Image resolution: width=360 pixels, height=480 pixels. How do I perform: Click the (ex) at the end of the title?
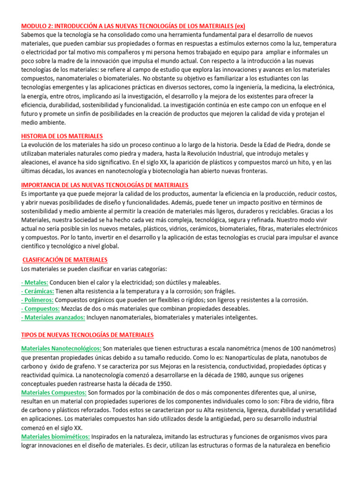[x=240, y=26]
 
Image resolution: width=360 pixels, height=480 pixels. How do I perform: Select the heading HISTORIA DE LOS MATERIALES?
[x=62, y=136]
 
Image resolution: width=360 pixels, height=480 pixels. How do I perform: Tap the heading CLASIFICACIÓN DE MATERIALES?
[x=65, y=259]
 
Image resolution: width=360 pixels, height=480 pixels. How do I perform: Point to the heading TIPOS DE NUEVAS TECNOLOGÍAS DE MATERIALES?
[x=88, y=335]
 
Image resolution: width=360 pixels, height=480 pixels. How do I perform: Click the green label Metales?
[x=35, y=282]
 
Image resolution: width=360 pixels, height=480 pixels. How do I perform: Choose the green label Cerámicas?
[x=38, y=291]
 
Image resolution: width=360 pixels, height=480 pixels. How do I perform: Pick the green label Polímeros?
[x=37, y=300]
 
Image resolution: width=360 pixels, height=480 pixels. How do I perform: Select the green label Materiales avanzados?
[x=53, y=317]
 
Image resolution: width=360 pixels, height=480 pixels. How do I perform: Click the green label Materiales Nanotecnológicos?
[x=61, y=349]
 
